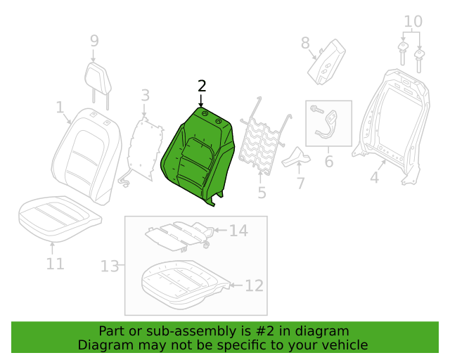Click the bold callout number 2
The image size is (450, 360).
[202, 86]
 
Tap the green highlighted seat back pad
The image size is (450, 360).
[198, 155]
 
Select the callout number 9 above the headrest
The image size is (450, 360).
[94, 41]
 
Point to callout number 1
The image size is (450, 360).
[60, 107]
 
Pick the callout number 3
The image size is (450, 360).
[146, 96]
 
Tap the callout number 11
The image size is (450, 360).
[55, 264]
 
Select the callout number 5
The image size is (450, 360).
[262, 193]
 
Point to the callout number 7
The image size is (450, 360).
[300, 184]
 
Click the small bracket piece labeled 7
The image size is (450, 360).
[296, 158]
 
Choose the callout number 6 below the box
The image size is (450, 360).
[329, 161]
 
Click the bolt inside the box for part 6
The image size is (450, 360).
[317, 110]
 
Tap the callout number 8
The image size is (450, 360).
[305, 43]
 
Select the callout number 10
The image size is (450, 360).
[413, 21]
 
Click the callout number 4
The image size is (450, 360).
[375, 177]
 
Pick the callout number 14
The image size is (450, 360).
[238, 231]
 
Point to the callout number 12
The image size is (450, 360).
[254, 285]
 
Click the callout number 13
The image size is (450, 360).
[110, 266]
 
